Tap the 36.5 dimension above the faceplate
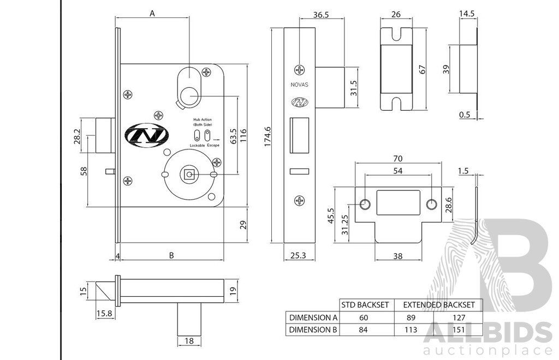point(321,15)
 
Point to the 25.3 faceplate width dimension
point(299,255)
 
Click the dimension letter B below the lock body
point(171,255)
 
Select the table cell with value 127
point(459,317)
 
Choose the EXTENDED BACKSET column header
point(439,305)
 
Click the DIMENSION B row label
point(313,329)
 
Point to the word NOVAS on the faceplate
point(300,85)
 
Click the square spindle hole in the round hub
point(189,174)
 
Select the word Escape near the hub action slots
point(213,146)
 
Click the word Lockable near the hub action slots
point(197,146)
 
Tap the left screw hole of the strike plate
point(365,205)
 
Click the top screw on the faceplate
point(300,70)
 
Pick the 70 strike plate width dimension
point(398,159)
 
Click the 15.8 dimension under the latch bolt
point(104,313)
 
